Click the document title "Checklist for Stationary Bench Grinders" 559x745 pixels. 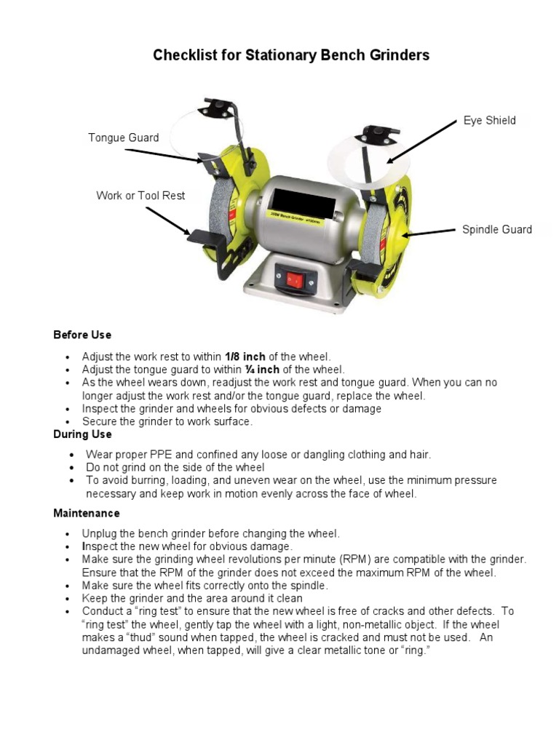291,55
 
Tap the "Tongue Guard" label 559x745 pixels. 123,138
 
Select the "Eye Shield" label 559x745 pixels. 490,121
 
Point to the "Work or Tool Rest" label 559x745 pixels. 140,196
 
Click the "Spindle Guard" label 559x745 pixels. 496,230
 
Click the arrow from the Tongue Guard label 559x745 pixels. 164,155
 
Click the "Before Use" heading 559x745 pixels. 82,335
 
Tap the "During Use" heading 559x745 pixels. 82,434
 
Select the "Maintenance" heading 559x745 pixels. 86,513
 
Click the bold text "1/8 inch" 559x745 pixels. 244,356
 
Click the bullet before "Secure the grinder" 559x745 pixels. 68,423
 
